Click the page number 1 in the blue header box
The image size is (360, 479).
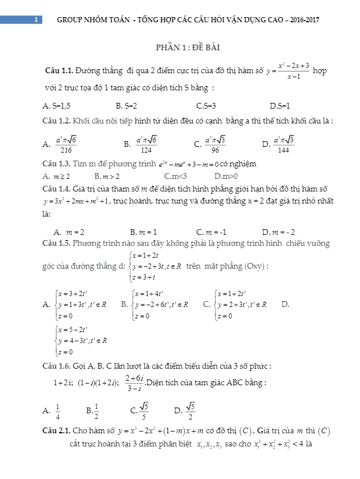(x=35, y=19)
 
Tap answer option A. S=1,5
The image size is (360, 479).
(x=57, y=106)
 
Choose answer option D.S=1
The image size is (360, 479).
(x=280, y=106)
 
